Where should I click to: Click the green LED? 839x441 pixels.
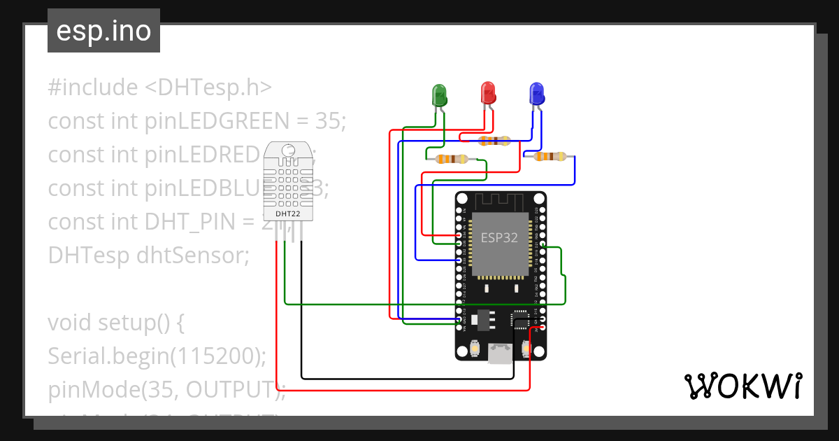click(x=439, y=94)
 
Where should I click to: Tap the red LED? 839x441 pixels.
click(x=488, y=92)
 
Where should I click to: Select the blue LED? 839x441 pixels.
click(x=536, y=94)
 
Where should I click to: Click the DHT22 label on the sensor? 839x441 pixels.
click(x=288, y=213)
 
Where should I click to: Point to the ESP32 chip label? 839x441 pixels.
click(x=499, y=237)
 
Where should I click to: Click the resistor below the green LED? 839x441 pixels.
click(x=452, y=160)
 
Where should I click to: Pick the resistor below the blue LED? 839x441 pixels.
click(x=550, y=156)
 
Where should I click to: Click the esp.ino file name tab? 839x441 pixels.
click(x=103, y=31)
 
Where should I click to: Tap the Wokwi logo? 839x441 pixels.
click(x=743, y=386)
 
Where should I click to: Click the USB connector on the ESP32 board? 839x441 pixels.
click(x=499, y=353)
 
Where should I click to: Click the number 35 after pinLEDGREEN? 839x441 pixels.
click(x=327, y=121)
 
